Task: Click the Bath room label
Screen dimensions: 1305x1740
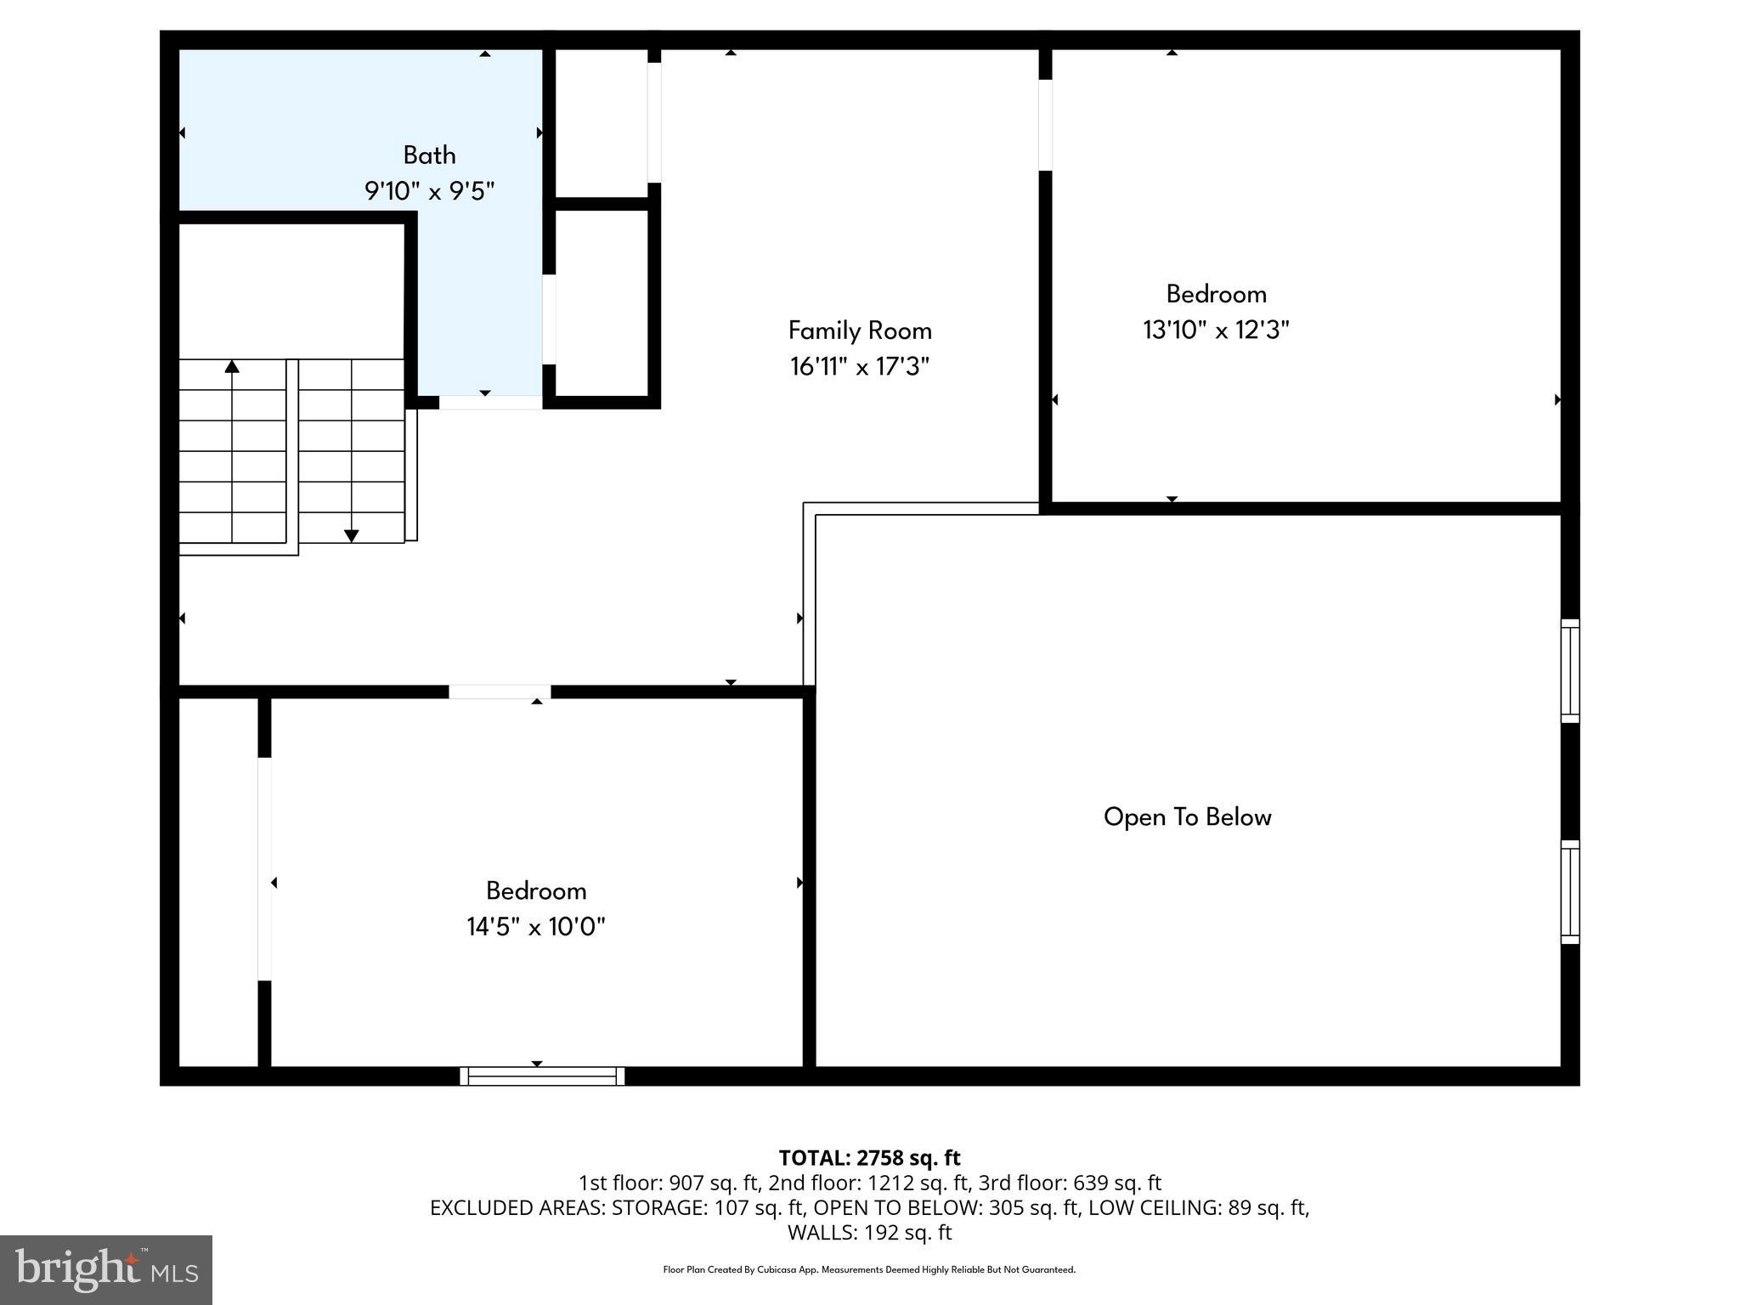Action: tap(429, 155)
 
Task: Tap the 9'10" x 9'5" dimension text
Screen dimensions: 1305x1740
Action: tap(429, 191)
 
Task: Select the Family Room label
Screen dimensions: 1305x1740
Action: tap(860, 330)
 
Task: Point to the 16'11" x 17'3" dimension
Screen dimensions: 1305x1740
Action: tap(860, 367)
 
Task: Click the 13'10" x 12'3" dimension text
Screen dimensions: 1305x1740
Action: tap(1216, 330)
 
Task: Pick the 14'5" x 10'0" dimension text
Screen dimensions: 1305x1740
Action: tap(535, 927)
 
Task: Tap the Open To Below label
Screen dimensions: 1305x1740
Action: tap(1187, 817)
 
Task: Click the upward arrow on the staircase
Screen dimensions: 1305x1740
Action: tap(232, 367)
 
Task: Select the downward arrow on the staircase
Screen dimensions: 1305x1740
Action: tap(351, 535)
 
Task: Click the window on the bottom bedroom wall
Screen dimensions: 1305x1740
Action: tap(542, 1076)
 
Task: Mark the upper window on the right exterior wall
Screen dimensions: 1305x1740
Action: tap(1570, 671)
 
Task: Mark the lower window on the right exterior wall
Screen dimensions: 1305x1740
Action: tap(1570, 891)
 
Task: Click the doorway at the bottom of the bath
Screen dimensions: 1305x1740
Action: tap(490, 403)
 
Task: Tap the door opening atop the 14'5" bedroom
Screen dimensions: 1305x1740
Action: tap(500, 692)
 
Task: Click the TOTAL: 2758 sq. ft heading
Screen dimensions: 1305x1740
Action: tap(869, 1158)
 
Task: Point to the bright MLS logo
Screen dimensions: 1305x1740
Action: tap(106, 1269)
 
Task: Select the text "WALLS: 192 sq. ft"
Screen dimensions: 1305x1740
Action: tap(869, 1233)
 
